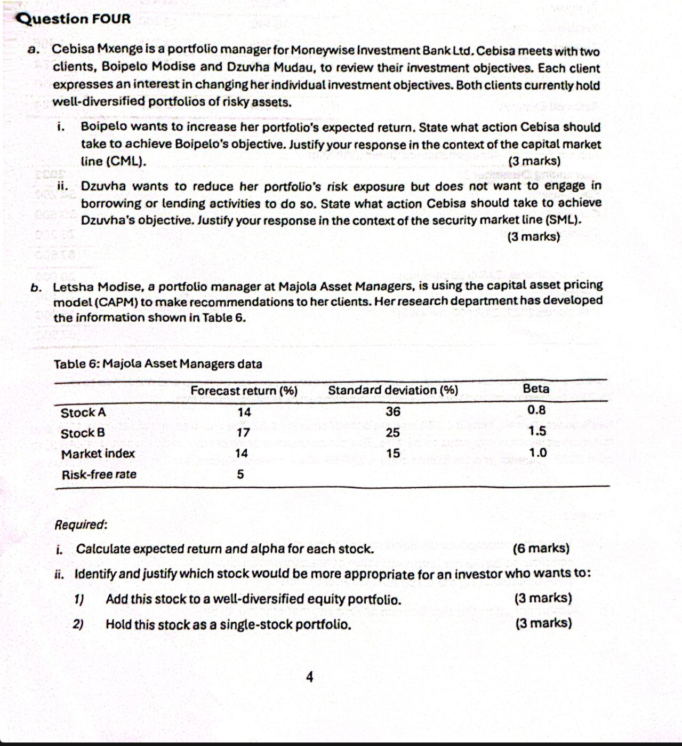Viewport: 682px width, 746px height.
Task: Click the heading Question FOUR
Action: pyautogui.click(x=74, y=19)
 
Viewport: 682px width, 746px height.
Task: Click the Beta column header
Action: pyautogui.click(x=536, y=388)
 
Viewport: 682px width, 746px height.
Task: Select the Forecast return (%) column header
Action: pyautogui.click(x=244, y=391)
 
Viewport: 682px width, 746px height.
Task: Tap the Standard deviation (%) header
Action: pyautogui.click(x=393, y=390)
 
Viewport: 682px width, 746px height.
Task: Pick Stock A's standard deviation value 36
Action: pyautogui.click(x=393, y=411)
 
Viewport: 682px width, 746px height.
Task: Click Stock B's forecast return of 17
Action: pyautogui.click(x=243, y=433)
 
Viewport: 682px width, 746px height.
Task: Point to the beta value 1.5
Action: pyautogui.click(x=537, y=431)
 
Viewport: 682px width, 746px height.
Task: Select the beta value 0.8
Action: pyautogui.click(x=536, y=410)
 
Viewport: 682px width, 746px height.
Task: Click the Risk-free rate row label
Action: pyautogui.click(x=99, y=474)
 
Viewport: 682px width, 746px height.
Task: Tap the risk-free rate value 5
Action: pyautogui.click(x=240, y=474)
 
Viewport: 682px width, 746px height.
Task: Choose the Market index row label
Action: pyautogui.click(x=98, y=454)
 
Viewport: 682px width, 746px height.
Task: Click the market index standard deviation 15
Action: pyautogui.click(x=393, y=454)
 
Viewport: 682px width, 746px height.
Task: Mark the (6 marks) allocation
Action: pyautogui.click(x=541, y=548)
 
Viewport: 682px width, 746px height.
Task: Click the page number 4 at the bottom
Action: pyautogui.click(x=310, y=677)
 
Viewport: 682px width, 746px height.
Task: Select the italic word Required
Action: pyautogui.click(x=81, y=525)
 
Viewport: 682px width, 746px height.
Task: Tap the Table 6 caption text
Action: pyautogui.click(x=158, y=364)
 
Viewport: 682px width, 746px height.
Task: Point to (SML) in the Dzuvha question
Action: pyautogui.click(x=563, y=220)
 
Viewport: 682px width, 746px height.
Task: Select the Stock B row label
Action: pyautogui.click(x=83, y=433)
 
